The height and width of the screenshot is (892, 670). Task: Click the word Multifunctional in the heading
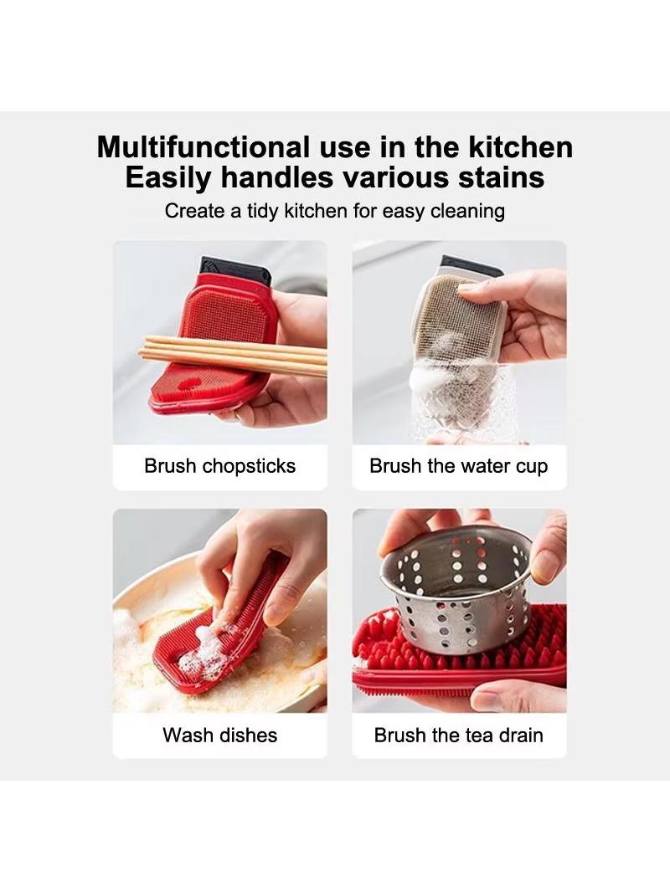click(x=204, y=146)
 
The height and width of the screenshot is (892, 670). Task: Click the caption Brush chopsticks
click(x=219, y=466)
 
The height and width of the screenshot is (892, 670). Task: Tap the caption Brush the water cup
click(x=459, y=466)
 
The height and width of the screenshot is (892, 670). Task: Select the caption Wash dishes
click(x=219, y=735)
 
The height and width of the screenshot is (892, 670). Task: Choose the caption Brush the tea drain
click(x=459, y=735)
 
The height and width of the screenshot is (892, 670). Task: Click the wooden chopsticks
click(x=234, y=356)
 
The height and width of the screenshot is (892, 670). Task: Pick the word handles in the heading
click(x=276, y=177)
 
